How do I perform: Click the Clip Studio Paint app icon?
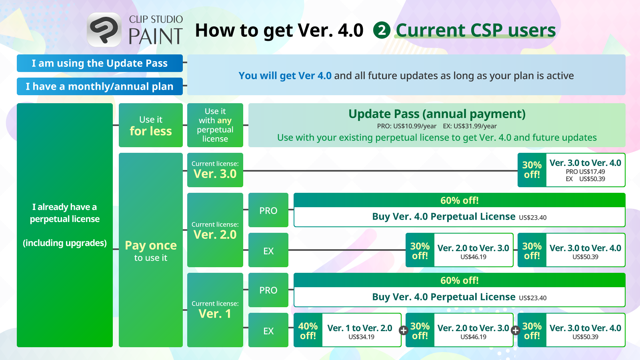pyautogui.click(x=104, y=30)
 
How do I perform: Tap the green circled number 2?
pyautogui.click(x=382, y=30)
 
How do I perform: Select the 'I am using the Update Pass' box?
pyautogui.click(x=100, y=63)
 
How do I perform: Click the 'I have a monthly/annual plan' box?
pyautogui.click(x=100, y=86)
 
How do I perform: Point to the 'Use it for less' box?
pyautogui.click(x=150, y=125)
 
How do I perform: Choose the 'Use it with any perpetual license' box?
pyautogui.click(x=215, y=125)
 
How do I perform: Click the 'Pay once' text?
pyautogui.click(x=151, y=246)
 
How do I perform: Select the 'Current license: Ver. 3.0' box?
pyautogui.click(x=215, y=170)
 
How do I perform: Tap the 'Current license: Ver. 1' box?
pyautogui.click(x=215, y=310)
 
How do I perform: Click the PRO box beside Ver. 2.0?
pyautogui.click(x=268, y=210)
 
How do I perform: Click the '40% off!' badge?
pyautogui.click(x=308, y=330)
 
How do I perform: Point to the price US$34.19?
pyautogui.click(x=362, y=337)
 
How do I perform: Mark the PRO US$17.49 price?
pyautogui.click(x=586, y=172)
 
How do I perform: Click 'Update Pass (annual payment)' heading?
pyautogui.click(x=437, y=114)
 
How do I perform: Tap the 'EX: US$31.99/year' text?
pyautogui.click(x=470, y=126)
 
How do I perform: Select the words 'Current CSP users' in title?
pyautogui.click(x=476, y=30)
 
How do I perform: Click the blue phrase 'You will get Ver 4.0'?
pyautogui.click(x=285, y=76)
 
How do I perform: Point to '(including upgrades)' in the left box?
pyautogui.click(x=65, y=243)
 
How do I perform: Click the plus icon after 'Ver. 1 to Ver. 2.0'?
pyautogui.click(x=404, y=330)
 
